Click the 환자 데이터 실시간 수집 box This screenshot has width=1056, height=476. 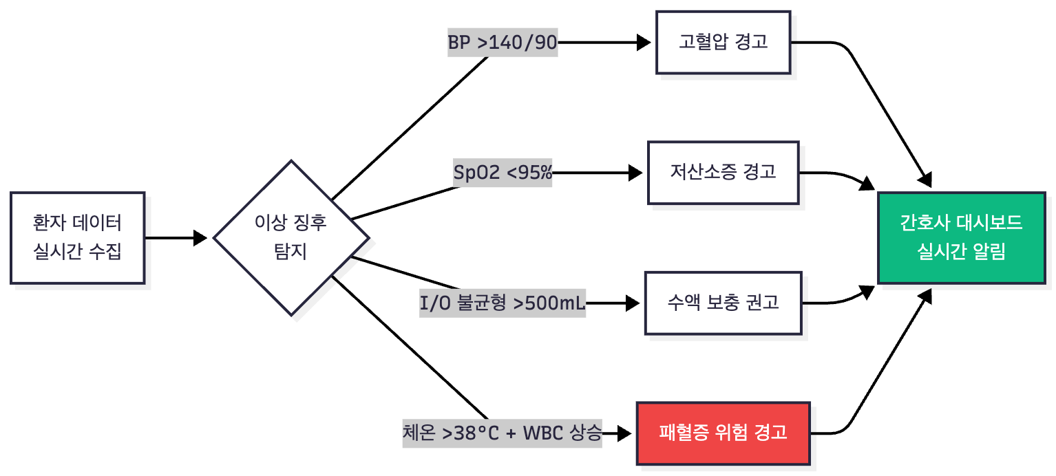coord(77,238)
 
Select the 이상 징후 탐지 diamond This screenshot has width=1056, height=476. coord(291,238)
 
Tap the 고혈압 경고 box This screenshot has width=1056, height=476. coord(723,42)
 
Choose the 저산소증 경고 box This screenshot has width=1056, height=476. coord(723,172)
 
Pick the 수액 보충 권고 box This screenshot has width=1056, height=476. coord(723,303)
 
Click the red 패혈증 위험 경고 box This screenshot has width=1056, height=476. coord(723,433)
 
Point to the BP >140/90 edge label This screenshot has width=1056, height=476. coord(502,43)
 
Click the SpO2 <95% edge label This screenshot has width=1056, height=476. coord(503,172)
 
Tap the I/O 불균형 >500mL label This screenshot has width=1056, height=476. coord(503,303)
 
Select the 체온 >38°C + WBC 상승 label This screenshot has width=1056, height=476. coord(503,433)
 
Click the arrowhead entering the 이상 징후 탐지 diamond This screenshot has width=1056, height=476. coord(201,238)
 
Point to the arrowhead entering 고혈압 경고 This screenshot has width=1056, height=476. coord(644,43)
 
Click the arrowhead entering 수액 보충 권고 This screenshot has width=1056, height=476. coord(633,303)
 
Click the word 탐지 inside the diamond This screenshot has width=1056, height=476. coord(291,252)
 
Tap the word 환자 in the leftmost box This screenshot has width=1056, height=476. coord(46,224)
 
